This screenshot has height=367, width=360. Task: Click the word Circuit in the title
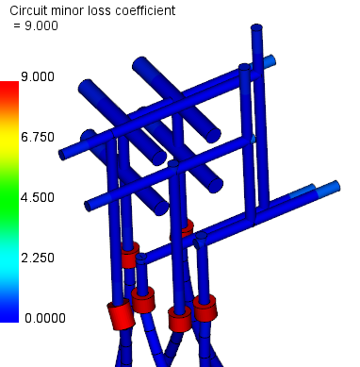pos(28,10)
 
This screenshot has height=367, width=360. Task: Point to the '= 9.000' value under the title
pos(36,25)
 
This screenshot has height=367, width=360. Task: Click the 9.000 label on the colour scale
pos(38,76)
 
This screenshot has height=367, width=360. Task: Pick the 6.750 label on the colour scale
pos(38,137)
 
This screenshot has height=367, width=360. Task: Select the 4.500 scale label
pos(38,197)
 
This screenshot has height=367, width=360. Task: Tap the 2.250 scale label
pos(38,258)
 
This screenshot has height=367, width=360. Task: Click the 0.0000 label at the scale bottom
pos(45,318)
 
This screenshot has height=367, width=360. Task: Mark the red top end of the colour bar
pos(9,90)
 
